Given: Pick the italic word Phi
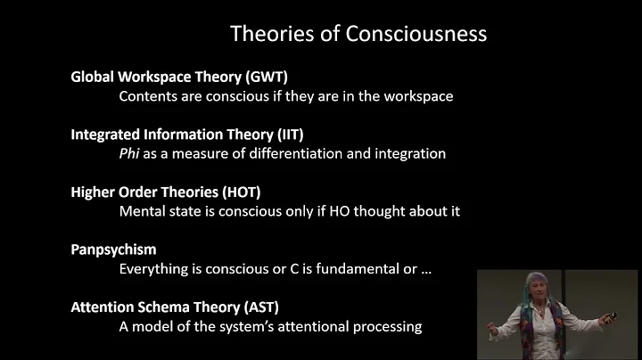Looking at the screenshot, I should coord(131,153).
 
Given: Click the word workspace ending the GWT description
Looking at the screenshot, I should coord(419,96).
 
